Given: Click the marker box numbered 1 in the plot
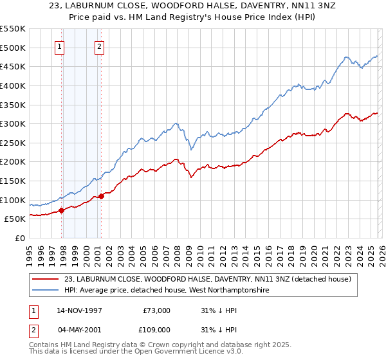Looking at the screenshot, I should coord(59,46).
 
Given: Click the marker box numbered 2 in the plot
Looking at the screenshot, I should coord(100,46).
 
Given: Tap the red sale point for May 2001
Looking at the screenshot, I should coord(101,196).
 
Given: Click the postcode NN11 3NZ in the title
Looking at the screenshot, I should coord(291,7).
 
